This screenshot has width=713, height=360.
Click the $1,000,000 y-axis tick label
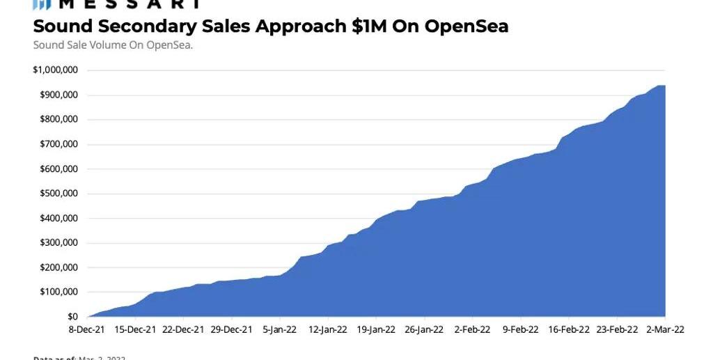tap(55, 70)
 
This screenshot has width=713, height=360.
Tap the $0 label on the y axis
tap(72, 317)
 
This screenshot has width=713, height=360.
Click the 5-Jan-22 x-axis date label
tap(281, 330)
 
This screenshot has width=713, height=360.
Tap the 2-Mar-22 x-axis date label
tap(665, 330)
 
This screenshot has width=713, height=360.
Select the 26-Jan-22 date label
tap(424, 330)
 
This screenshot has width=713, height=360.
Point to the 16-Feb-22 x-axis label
tap(569, 330)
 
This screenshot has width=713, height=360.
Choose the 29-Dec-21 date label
tap(231, 330)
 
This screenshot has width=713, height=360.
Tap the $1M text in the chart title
tap(369, 26)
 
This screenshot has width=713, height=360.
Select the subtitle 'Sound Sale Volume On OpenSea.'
tap(113, 45)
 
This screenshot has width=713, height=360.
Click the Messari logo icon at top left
tap(42, 4)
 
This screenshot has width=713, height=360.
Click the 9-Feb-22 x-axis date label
tap(521, 330)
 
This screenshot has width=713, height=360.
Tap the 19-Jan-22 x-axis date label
tap(376, 330)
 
